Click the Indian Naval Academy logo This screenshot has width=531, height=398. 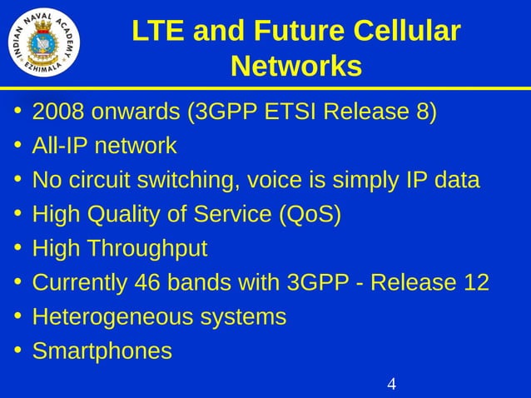pyautogui.click(x=44, y=41)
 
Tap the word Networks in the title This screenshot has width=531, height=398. pyautogui.click(x=295, y=66)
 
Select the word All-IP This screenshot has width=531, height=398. pyautogui.click(x=59, y=147)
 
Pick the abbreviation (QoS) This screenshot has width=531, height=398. pyautogui.click(x=309, y=215)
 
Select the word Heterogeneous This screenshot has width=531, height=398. pyautogui.click(x=112, y=317)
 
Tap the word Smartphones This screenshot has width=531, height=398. pyautogui.click(x=102, y=351)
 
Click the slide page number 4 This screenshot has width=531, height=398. pyautogui.click(x=391, y=384)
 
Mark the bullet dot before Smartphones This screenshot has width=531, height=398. pyautogui.click(x=17, y=351)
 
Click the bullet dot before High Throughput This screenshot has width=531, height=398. pyautogui.click(x=17, y=248)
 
